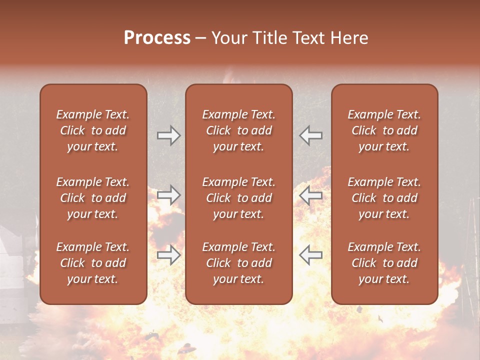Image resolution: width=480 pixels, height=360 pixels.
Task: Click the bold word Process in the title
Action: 157,38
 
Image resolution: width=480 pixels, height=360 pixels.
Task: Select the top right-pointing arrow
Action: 168,135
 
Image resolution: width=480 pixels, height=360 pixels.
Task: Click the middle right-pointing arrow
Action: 168,195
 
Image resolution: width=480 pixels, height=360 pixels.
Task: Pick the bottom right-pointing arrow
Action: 168,255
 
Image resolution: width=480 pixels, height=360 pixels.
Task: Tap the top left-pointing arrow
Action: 311,135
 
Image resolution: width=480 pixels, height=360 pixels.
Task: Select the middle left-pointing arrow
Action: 311,195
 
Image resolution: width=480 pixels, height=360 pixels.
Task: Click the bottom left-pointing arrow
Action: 311,255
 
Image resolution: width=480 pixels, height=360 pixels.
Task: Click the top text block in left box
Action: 93,130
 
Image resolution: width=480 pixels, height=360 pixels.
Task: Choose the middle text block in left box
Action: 93,198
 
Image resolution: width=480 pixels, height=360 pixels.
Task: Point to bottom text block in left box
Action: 93,263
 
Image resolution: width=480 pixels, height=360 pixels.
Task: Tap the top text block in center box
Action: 238,130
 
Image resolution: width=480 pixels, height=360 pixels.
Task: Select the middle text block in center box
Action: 238,198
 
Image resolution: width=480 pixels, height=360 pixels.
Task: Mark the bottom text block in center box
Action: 238,263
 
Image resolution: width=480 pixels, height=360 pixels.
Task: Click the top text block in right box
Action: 384,130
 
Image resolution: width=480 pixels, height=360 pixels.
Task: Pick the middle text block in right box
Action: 384,198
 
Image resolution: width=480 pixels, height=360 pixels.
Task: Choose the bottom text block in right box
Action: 384,263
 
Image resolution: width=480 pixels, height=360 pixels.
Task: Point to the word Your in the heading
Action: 229,38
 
